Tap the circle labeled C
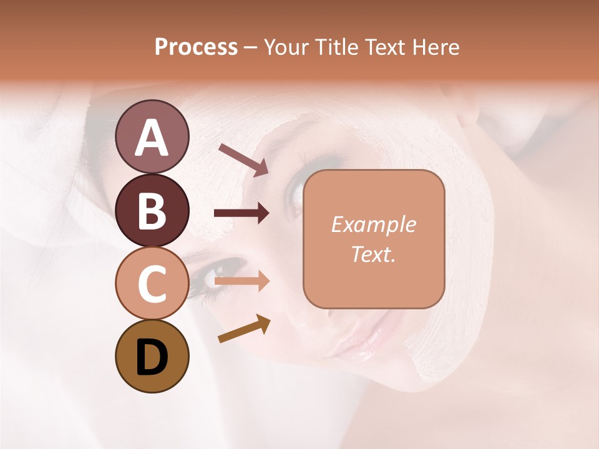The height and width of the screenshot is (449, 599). pos(152,283)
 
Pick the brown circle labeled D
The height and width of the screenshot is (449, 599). pos(152,356)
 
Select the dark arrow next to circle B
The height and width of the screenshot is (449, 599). pos(241,213)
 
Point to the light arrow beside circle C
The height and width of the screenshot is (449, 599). pos(241,281)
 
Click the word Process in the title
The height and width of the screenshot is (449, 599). pos(196,47)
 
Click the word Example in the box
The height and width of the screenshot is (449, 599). pos(373,224)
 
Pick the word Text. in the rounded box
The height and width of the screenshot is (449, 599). pos(373,254)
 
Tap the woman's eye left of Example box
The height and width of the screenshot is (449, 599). pos(293,193)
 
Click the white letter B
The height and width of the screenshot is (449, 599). pos(152,211)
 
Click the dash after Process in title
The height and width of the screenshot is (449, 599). pos(250,48)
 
